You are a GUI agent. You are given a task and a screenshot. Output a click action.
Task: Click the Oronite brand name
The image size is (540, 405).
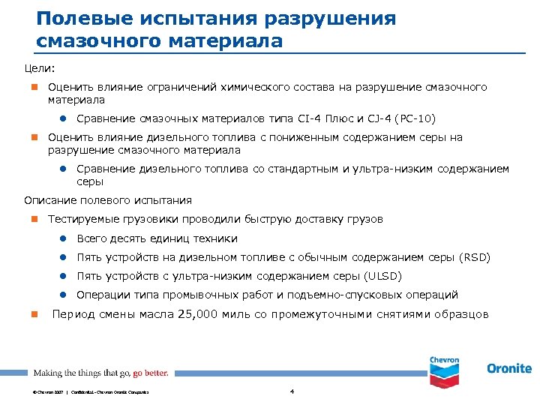(508, 368)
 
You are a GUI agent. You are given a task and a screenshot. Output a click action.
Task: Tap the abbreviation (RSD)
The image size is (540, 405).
(474, 257)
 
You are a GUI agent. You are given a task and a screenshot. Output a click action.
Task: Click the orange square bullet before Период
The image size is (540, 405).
(33, 314)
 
